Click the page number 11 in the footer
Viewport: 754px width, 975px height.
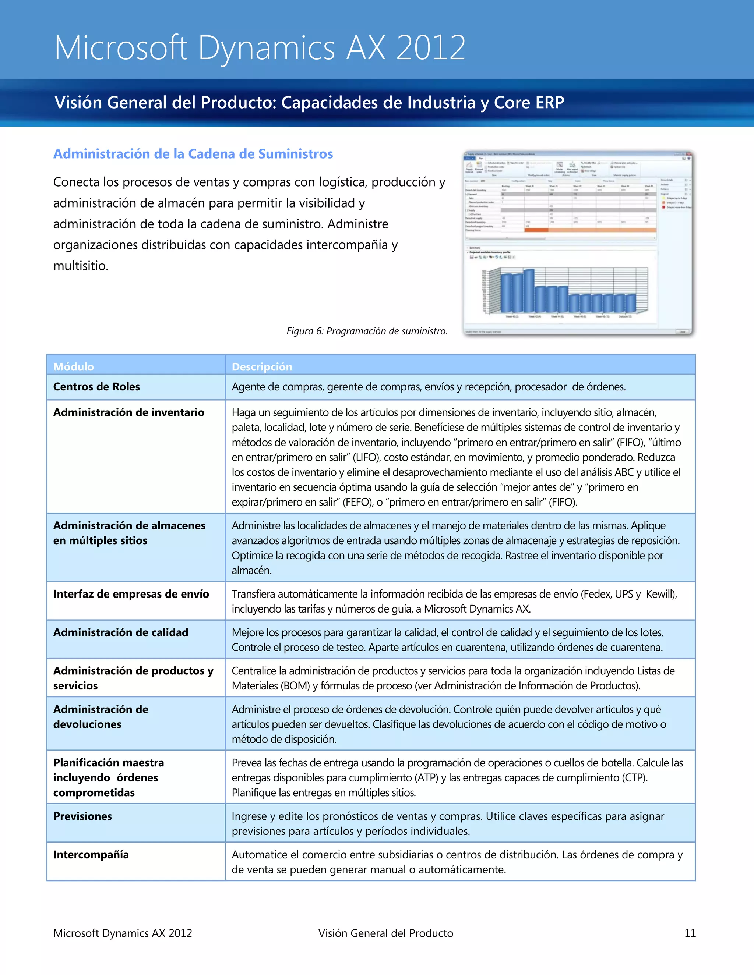(690, 933)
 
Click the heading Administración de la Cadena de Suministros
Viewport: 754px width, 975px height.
(193, 154)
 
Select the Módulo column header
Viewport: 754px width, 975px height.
(74, 366)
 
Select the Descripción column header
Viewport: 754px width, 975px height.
(262, 366)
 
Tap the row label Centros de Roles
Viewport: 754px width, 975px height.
(96, 387)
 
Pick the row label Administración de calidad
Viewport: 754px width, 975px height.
(121, 632)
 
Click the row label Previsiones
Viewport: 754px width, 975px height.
(82, 816)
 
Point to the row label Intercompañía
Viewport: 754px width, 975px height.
(91, 854)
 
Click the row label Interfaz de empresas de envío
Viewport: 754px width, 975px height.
(131, 594)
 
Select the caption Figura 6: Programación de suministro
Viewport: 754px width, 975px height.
(367, 331)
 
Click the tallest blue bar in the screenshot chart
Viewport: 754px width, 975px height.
(529, 290)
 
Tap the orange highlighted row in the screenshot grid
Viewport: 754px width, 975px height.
(590, 230)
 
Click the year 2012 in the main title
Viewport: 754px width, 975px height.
(431, 48)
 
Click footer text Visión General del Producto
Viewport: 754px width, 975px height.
(385, 933)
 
